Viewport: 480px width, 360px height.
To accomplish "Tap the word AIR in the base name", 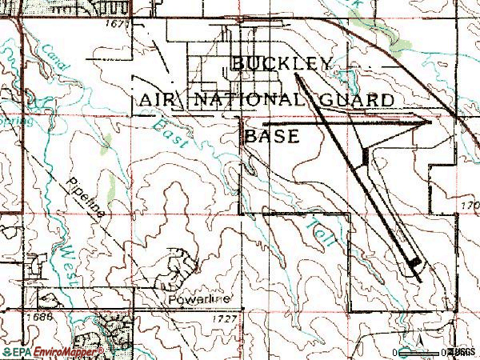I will pos(160,100).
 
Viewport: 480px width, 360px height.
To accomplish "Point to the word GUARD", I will pos(353,100).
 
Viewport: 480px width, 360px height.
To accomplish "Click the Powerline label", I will pos(199,299).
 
